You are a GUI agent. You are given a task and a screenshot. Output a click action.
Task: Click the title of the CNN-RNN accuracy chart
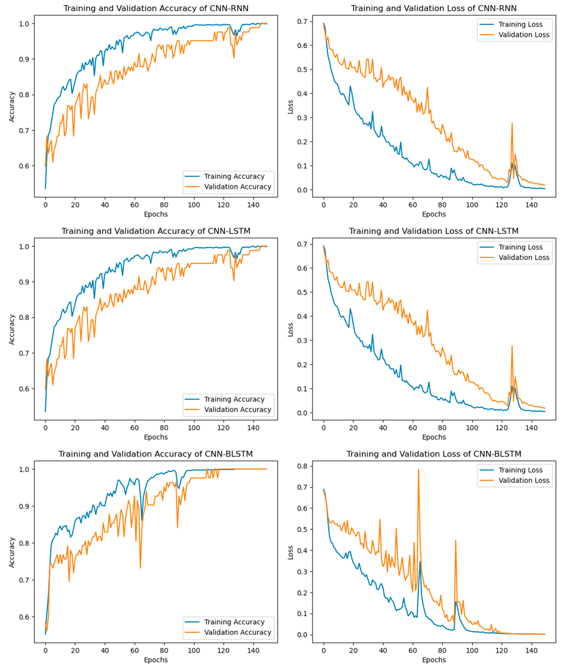click(156, 8)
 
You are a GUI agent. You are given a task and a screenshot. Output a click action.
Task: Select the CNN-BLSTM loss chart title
click(434, 454)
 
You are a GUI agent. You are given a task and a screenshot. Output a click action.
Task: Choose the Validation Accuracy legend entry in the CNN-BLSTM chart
click(237, 632)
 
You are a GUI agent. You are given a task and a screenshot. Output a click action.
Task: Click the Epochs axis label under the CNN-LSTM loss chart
click(434, 437)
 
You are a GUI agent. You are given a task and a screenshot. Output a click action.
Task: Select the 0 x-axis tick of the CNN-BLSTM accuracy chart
click(45, 650)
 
